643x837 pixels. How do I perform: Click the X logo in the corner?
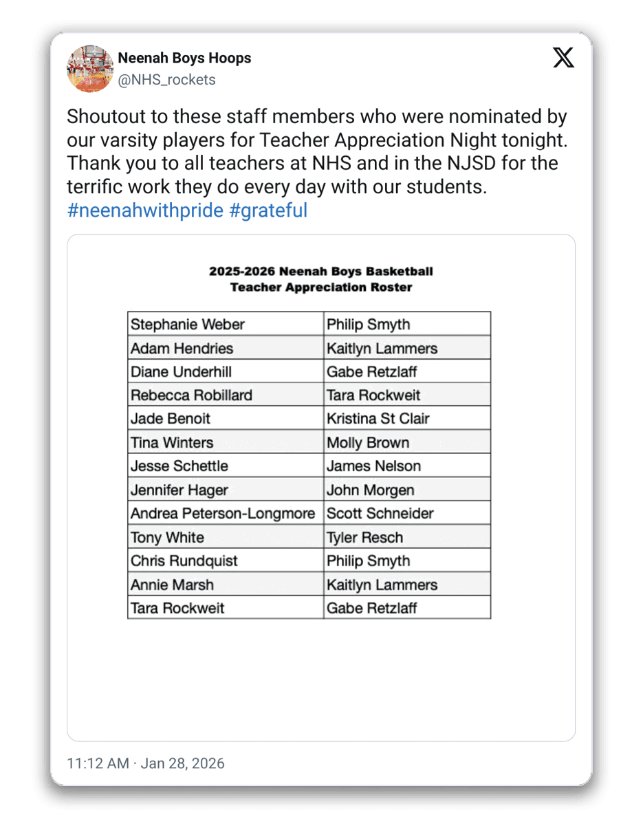tap(563, 58)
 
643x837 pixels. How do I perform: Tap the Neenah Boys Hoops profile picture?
tap(90, 69)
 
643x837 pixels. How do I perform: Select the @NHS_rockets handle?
tap(166, 80)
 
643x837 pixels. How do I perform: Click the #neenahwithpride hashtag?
tap(145, 210)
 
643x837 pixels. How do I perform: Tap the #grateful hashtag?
tap(268, 210)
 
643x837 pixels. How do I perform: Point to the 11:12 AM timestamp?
tap(98, 763)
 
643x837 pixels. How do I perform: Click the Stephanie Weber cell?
tap(188, 325)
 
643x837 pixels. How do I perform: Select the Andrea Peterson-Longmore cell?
tap(223, 514)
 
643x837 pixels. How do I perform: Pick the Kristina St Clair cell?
tap(378, 419)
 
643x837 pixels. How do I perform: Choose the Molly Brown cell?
tap(368, 443)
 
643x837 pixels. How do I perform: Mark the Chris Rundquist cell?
tap(184, 561)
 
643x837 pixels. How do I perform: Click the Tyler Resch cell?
tap(364, 538)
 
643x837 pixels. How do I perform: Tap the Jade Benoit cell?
tap(171, 419)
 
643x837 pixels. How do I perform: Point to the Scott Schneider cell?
tap(380, 514)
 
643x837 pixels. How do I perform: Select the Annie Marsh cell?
tap(172, 585)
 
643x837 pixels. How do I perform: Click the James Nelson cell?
tap(373, 466)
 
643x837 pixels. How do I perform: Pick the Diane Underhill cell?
tap(181, 372)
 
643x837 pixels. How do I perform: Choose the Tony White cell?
tap(167, 538)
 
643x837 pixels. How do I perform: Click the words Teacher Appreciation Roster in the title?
tap(321, 287)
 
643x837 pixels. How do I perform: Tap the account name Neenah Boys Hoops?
tap(184, 58)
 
